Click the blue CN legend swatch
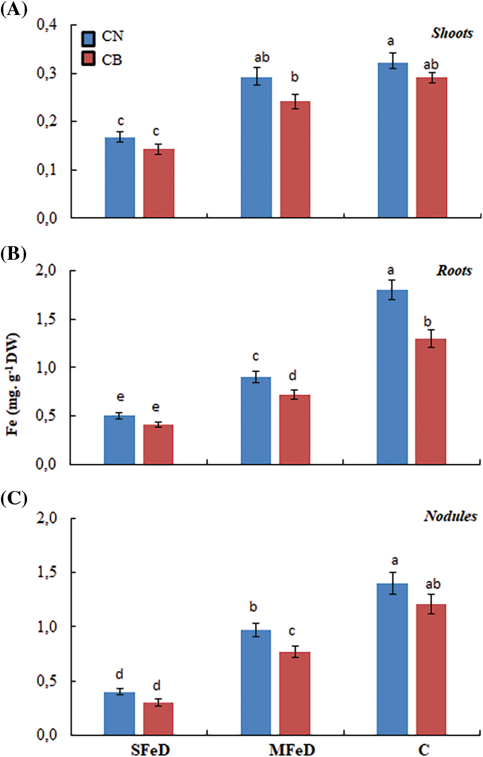88,38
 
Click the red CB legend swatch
88,59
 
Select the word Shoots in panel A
452,33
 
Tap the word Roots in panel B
454,270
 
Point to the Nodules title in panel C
450,516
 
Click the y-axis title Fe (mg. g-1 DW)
13,384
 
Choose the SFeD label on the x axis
150,749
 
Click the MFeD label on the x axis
292,749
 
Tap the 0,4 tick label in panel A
47,24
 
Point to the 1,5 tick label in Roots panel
46,319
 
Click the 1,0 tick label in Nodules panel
47,627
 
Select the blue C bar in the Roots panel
392,377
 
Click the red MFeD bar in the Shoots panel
295,159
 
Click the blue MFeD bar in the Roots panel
256,420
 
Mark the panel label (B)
13,254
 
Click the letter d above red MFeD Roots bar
293,376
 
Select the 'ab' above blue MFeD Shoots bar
262,57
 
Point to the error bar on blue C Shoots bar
393,61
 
